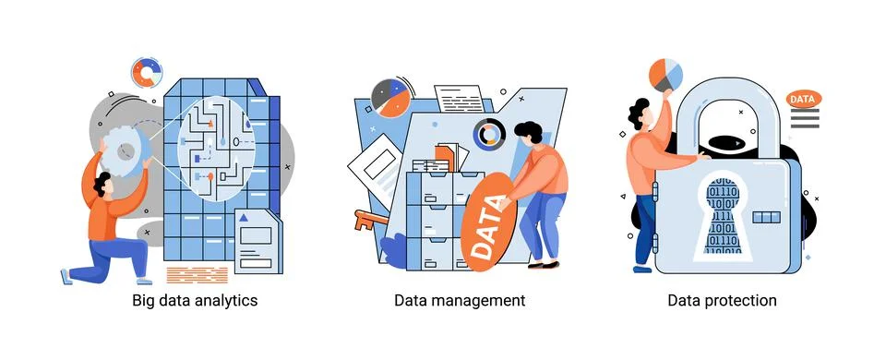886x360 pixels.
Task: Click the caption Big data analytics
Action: pos(194,301)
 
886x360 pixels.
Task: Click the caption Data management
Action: pos(460,301)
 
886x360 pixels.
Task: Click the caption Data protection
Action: pos(723,301)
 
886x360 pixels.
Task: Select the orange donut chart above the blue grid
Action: pos(147,73)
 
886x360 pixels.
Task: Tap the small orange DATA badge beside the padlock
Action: pos(803,99)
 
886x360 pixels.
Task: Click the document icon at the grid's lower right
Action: pos(257,242)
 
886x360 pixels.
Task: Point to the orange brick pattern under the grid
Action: pos(198,274)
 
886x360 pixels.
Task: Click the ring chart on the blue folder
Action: pos(489,136)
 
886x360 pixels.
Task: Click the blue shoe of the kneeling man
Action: pos(66,276)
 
